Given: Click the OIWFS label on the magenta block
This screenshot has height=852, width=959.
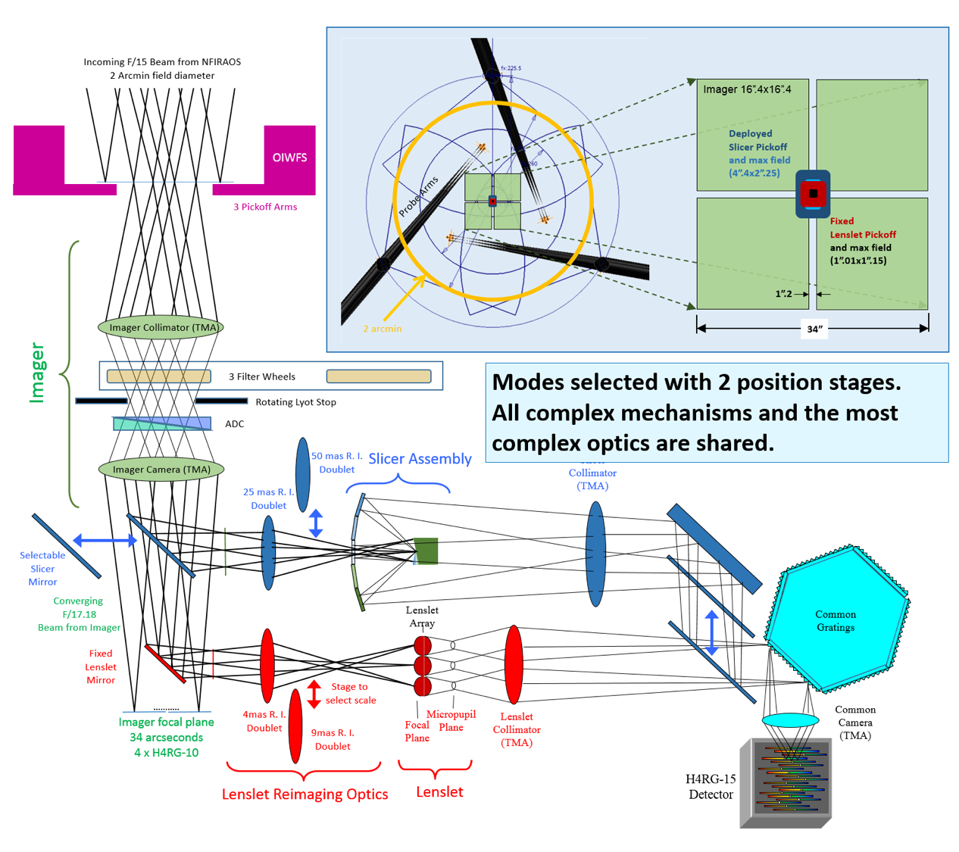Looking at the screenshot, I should pyautogui.click(x=289, y=158).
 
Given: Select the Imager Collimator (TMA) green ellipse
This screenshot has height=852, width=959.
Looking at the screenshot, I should pyautogui.click(x=161, y=328).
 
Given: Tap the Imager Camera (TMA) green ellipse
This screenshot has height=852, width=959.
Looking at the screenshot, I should pyautogui.click(x=161, y=470).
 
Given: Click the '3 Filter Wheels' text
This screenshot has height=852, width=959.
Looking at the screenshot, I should pyautogui.click(x=262, y=376).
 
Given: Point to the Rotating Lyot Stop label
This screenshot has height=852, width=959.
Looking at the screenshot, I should pyautogui.click(x=295, y=402).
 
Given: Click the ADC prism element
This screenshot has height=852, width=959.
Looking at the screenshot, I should pyautogui.click(x=162, y=424).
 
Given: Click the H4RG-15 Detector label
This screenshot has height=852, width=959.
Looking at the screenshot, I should pyautogui.click(x=710, y=787).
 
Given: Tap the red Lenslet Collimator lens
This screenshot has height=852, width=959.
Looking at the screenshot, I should pyautogui.click(x=514, y=663).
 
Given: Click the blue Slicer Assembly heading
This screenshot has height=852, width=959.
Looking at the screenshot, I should pyautogui.click(x=420, y=459).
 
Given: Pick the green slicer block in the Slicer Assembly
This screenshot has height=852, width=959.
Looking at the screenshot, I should pyautogui.click(x=426, y=551).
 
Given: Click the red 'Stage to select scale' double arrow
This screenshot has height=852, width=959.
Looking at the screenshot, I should pyautogui.click(x=314, y=694).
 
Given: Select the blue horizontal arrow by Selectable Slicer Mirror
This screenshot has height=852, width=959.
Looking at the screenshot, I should pyautogui.click(x=105, y=540).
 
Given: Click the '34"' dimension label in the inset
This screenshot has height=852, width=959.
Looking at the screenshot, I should pyautogui.click(x=814, y=329).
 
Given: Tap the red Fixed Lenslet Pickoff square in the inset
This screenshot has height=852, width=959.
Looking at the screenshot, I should pyautogui.click(x=813, y=194).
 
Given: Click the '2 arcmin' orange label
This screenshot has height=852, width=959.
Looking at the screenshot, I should pyautogui.click(x=382, y=329).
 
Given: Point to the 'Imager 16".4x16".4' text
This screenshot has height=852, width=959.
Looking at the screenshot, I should pyautogui.click(x=747, y=89).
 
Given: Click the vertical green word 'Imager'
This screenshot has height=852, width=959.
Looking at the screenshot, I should pyautogui.click(x=36, y=373).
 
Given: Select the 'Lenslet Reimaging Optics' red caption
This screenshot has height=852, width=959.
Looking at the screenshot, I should pyautogui.click(x=305, y=794).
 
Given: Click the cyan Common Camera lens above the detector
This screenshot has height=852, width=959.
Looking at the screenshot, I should pyautogui.click(x=790, y=719).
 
